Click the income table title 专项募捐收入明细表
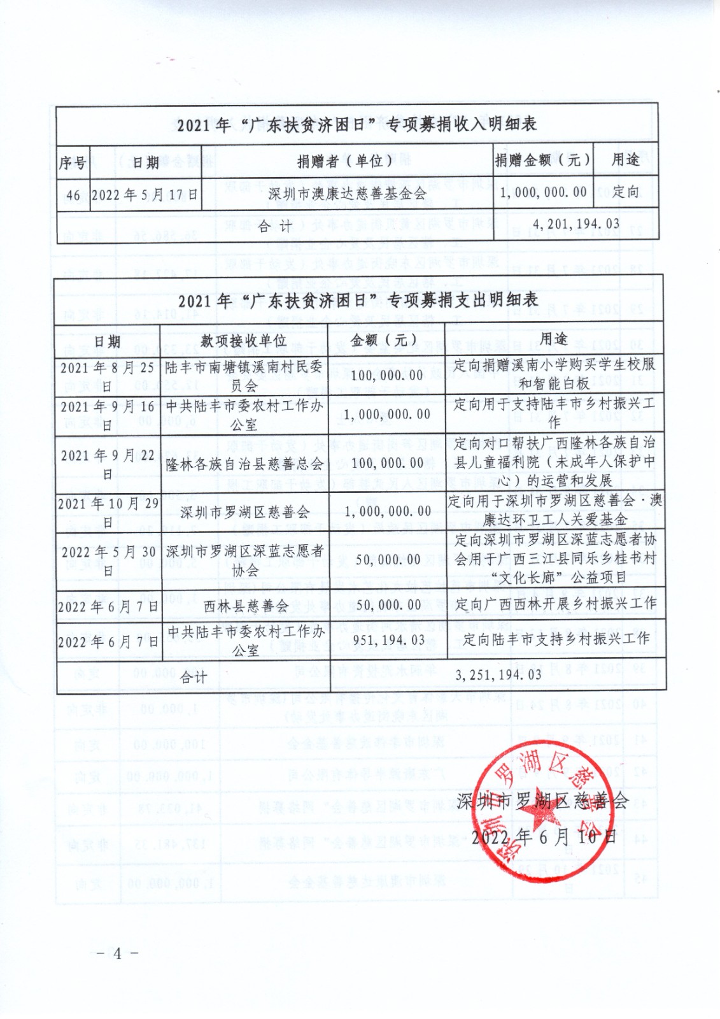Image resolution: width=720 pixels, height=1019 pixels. (356, 124)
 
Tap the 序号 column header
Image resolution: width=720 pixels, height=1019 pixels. (72, 162)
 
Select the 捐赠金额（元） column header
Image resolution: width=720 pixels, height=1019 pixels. (542, 160)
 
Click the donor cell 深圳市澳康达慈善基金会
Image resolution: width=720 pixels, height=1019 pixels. (347, 194)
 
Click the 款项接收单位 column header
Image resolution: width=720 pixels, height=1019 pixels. (243, 341)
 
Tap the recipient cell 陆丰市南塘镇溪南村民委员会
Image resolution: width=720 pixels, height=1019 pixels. (244, 376)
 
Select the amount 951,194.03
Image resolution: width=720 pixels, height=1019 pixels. (388, 640)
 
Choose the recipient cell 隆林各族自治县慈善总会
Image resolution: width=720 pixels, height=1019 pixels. (244, 464)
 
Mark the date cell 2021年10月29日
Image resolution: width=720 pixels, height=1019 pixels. (108, 512)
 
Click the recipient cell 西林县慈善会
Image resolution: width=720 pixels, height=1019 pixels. (246, 606)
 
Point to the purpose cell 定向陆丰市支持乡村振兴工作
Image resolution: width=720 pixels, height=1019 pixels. (556, 638)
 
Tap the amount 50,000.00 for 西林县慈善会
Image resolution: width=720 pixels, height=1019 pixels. (388, 604)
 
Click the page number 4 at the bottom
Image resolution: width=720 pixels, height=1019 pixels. (117, 953)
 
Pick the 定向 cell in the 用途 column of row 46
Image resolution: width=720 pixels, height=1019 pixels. (625, 192)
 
